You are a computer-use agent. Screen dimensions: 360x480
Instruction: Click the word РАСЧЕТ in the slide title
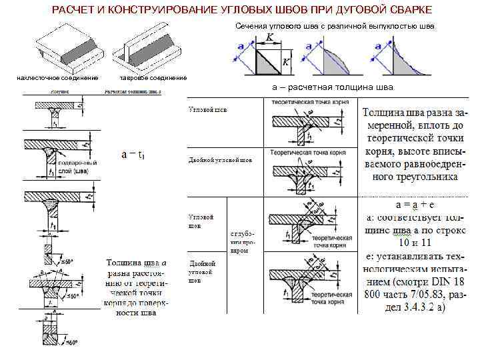click(x=74, y=9)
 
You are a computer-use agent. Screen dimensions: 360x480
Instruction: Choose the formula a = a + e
click(x=415, y=203)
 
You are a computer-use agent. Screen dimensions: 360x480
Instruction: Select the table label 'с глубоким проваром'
click(x=240, y=243)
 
